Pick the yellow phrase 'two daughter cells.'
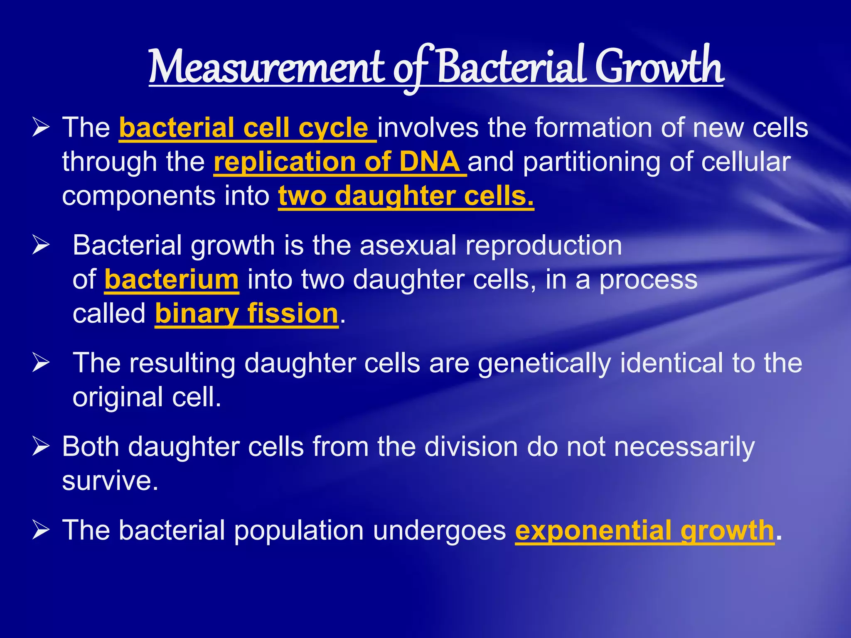tap(406, 196)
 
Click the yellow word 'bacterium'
tap(172, 280)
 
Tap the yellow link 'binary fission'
tap(247, 314)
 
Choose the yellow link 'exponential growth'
tap(644, 530)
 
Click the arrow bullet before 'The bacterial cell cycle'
tap(41, 128)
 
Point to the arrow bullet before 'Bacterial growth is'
tap(41, 245)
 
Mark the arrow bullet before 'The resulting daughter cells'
tap(41, 363)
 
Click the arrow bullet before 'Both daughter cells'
tap(41, 447)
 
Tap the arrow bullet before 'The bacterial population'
tap(41, 530)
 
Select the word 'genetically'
tap(544, 363)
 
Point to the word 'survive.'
tap(110, 481)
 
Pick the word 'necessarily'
tap(684, 448)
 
